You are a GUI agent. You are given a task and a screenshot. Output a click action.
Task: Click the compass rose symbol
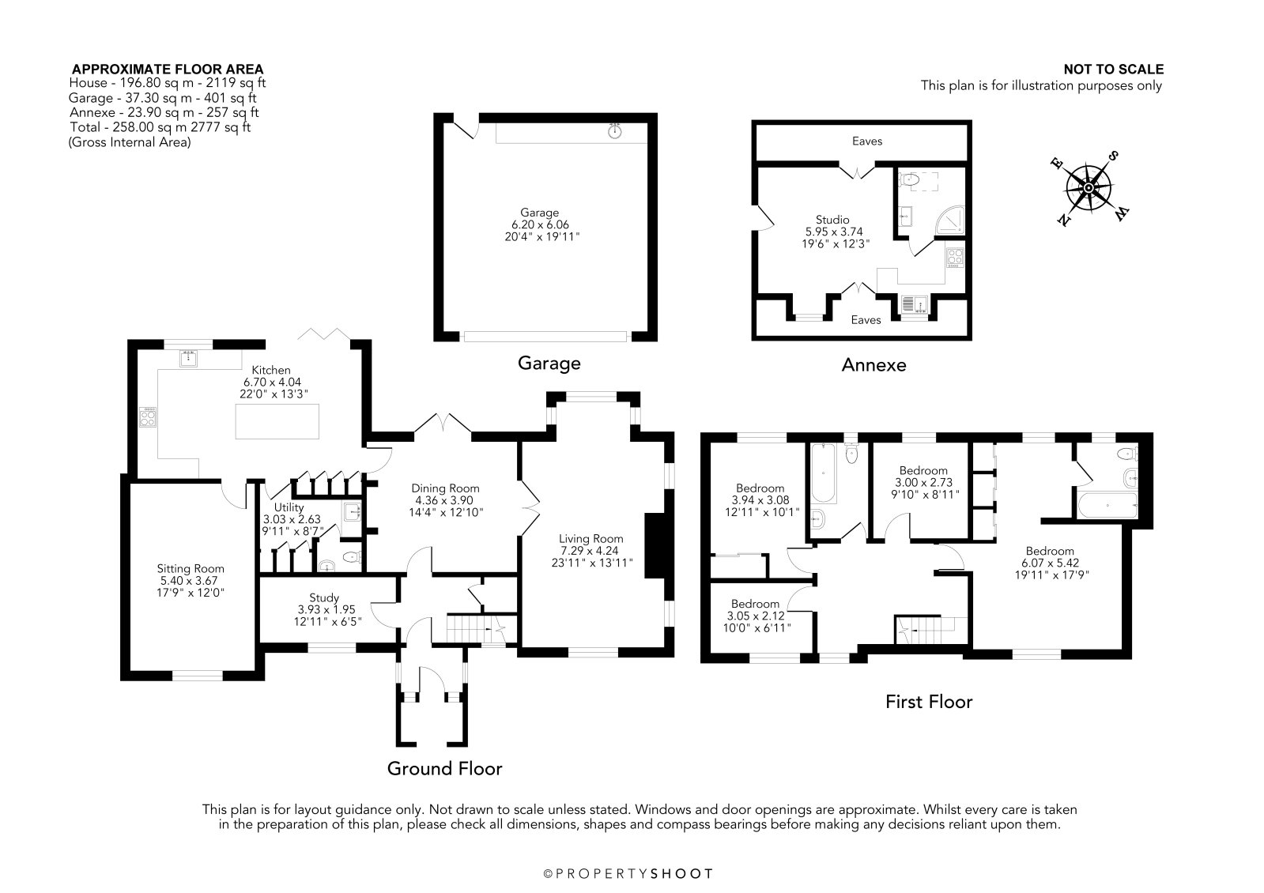coord(1089,188)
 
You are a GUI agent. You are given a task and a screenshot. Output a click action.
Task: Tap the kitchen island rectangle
coord(277,421)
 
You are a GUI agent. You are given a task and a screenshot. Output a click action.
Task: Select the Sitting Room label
coord(191,569)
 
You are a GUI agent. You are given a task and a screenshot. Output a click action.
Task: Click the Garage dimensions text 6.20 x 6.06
coord(540,224)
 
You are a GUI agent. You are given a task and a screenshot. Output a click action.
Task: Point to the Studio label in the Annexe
coord(832,220)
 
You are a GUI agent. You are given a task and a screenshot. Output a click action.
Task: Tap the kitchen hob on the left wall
coord(148,417)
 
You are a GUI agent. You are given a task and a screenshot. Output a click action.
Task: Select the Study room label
coord(324,597)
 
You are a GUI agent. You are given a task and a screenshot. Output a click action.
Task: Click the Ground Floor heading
coord(445,768)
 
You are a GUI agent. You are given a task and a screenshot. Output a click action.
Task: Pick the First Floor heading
coord(929,702)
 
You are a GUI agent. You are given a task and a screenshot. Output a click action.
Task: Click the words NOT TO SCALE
coord(1113,70)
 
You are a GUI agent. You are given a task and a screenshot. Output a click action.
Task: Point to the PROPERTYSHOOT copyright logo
coord(628,874)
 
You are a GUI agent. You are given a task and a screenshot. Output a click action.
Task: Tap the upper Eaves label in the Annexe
coord(867,141)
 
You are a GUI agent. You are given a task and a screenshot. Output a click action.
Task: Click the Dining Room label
coord(445,488)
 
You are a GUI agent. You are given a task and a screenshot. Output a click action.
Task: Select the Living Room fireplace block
coord(655,545)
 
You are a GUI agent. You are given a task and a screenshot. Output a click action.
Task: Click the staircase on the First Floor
coord(931,630)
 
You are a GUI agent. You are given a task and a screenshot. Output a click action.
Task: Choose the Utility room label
coord(289,507)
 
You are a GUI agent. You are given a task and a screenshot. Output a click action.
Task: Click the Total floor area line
coord(160,127)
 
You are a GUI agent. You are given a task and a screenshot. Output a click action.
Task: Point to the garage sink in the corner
coord(615,131)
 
